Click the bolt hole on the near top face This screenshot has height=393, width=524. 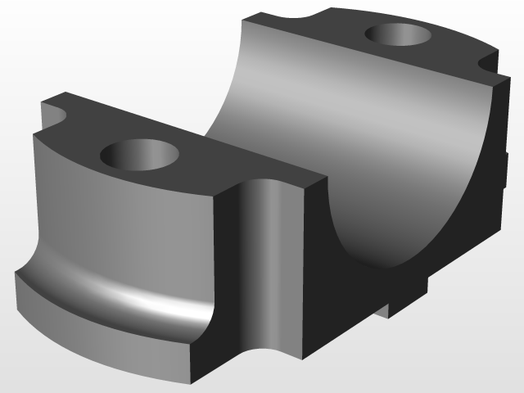click(x=139, y=155)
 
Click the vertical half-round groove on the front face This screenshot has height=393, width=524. click(x=264, y=262)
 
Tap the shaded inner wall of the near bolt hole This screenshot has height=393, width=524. click(x=131, y=148)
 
